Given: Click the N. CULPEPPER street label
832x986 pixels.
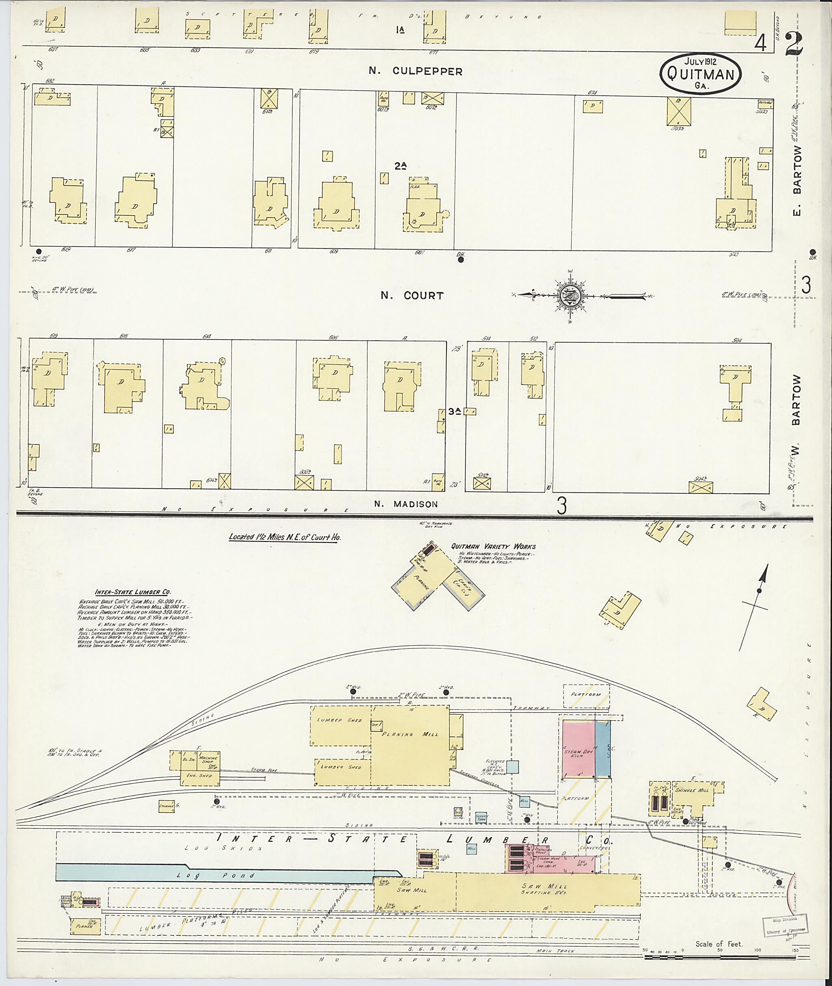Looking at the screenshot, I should [x=415, y=71].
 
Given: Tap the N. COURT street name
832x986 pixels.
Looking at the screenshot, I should [x=412, y=296].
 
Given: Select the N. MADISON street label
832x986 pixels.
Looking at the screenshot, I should [x=405, y=504].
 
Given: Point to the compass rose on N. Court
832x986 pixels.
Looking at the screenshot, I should [x=571, y=296].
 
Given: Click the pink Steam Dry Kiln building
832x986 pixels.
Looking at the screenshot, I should [x=578, y=749].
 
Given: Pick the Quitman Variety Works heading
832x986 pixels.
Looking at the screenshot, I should [x=493, y=547].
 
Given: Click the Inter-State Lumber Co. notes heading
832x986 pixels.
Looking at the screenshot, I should [x=133, y=592].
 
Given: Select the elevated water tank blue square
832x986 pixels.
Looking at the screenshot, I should [x=513, y=767].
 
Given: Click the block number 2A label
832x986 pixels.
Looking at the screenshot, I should [x=401, y=166].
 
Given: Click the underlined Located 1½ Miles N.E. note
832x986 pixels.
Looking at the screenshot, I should [x=284, y=537].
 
